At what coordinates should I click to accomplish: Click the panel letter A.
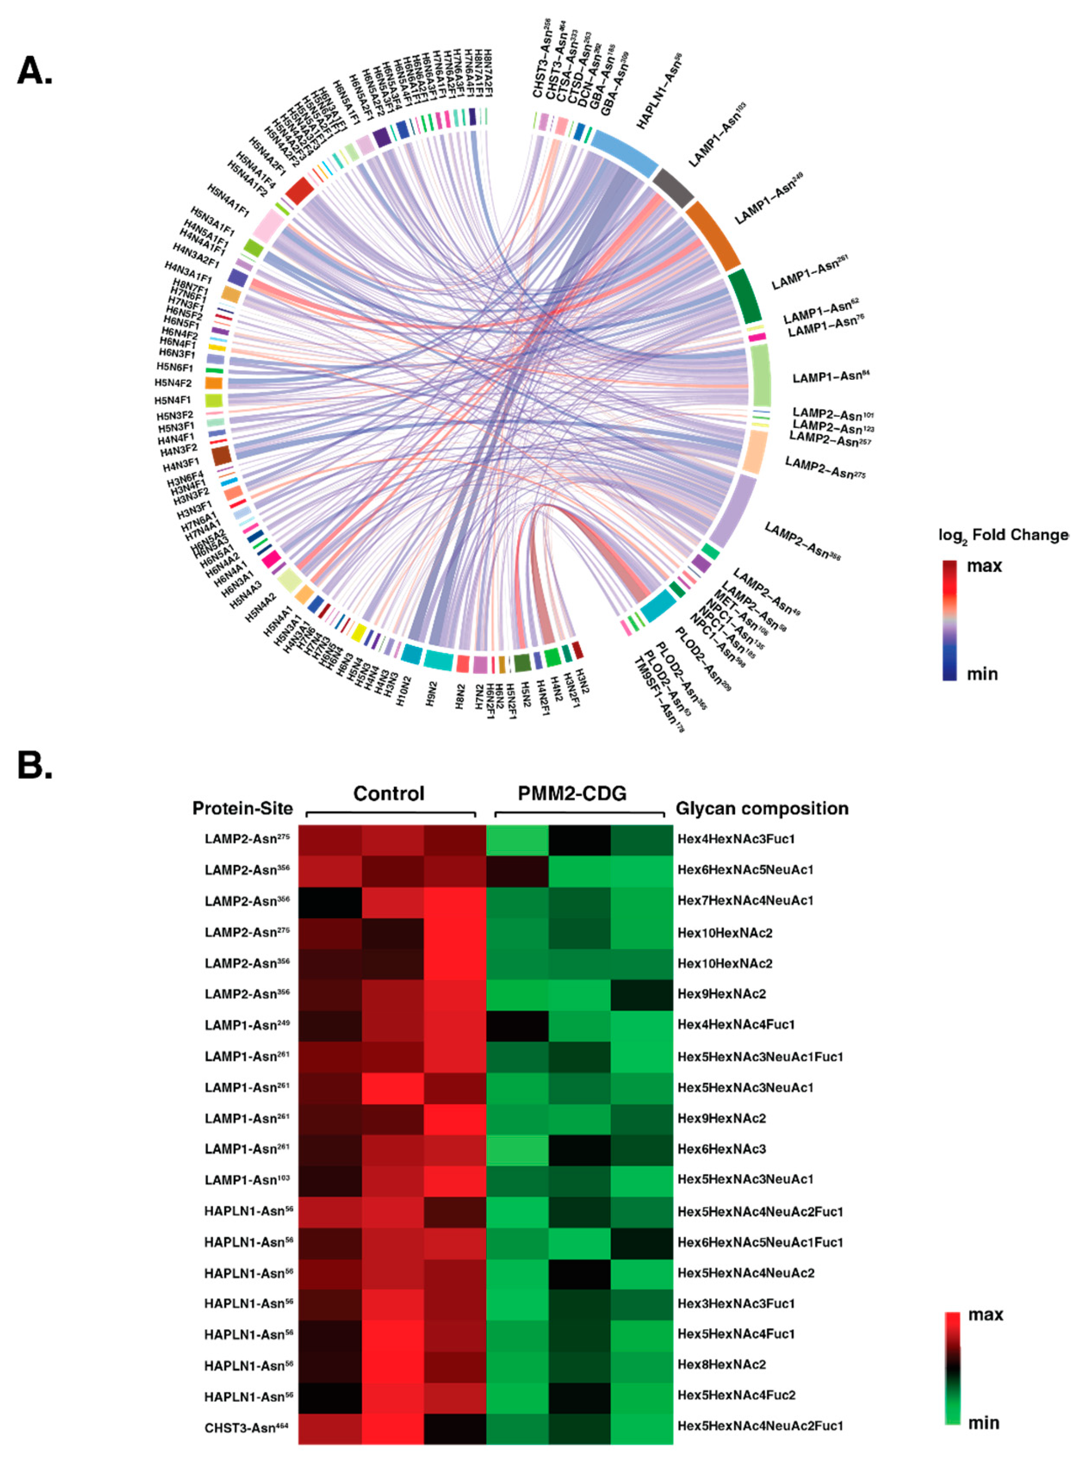34,70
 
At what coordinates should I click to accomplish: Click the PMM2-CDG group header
572,794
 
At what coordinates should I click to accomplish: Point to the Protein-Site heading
242,808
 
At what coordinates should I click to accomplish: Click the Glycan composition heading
762,808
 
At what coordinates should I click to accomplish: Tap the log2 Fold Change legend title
1002,535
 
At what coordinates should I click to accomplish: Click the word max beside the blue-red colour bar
984,566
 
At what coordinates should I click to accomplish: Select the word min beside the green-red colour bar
983,1423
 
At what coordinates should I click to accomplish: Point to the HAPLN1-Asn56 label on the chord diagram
659,92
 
